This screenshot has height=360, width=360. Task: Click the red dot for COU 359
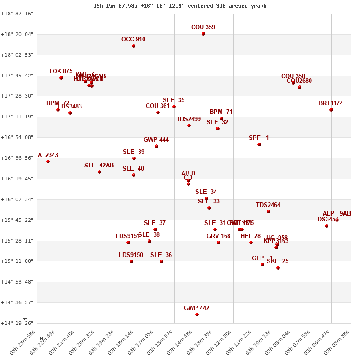[203, 34]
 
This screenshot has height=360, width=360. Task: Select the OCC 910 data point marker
[134, 46]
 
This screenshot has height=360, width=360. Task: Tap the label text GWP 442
[197, 308]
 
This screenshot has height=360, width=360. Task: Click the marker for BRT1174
[331, 110]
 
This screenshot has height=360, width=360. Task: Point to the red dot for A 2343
[48, 162]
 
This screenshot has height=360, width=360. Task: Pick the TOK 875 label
[61, 72]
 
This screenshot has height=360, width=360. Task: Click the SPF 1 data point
[259, 144]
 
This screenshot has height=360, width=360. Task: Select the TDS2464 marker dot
[269, 211]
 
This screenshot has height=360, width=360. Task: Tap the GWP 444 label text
[156, 140]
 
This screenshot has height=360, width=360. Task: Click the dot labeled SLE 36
[162, 261]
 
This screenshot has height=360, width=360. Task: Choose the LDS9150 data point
[131, 261]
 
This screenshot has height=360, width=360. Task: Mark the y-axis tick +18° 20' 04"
[17, 34]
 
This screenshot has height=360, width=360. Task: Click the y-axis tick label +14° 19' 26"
[17, 323]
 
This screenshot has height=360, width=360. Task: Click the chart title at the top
[180, 6]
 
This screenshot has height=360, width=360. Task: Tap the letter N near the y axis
[25, 319]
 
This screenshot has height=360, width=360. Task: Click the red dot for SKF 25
[278, 268]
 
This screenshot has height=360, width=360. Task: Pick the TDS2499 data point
[189, 126]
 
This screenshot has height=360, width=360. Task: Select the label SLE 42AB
[99, 166]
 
